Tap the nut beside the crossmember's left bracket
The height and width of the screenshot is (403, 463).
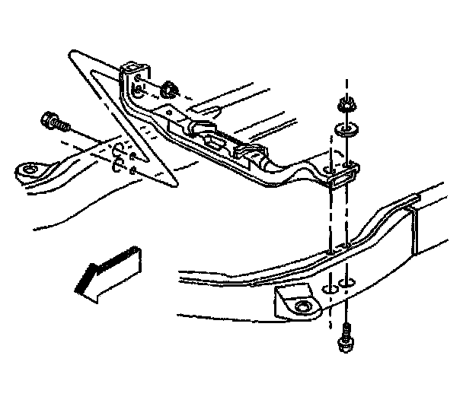click(x=169, y=89)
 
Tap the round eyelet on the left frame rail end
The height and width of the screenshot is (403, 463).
click(x=30, y=170)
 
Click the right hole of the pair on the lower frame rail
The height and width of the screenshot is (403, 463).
click(x=346, y=284)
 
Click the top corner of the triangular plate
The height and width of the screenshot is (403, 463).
click(x=74, y=54)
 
